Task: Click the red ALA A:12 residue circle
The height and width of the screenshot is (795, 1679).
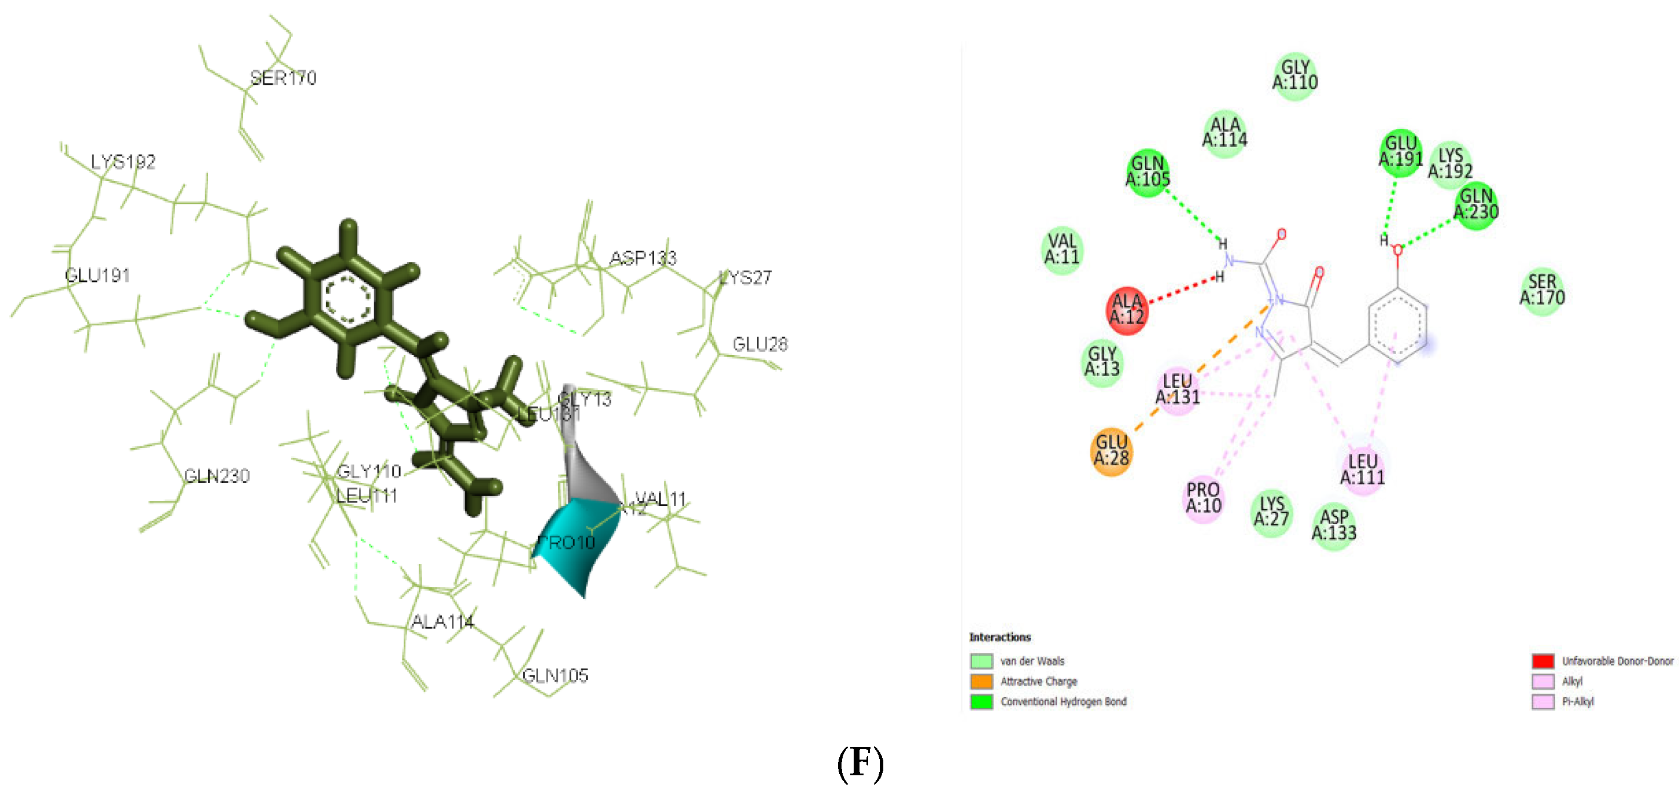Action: click(1126, 310)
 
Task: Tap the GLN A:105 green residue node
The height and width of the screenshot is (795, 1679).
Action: click(1147, 172)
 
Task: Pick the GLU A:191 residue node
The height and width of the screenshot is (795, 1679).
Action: click(1400, 152)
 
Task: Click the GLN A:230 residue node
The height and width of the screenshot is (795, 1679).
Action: click(1475, 205)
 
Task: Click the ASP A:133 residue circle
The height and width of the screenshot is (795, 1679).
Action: click(1333, 526)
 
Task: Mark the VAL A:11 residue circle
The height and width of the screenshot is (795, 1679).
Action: click(1062, 250)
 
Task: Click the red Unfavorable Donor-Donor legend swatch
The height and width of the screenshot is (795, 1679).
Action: click(1543, 660)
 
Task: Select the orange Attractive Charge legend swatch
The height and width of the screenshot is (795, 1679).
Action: click(981, 681)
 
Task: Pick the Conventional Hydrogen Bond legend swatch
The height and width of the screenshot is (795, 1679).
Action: click(981, 701)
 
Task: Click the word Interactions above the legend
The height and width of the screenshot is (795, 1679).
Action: click(1000, 637)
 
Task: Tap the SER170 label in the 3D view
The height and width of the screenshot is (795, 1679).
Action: click(284, 78)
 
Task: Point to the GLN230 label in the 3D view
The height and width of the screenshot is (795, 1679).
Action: click(216, 476)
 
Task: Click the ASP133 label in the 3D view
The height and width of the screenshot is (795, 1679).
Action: click(643, 258)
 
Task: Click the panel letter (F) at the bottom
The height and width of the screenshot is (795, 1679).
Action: click(860, 763)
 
